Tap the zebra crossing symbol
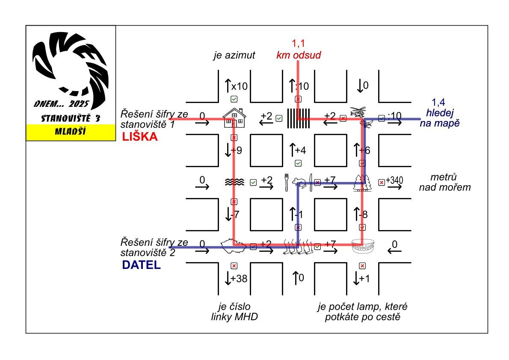[298, 118]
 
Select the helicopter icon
[358, 112]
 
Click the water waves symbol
[234, 183]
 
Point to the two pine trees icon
[362, 183]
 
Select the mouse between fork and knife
[299, 183]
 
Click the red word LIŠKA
[140, 137]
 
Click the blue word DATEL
[141, 265]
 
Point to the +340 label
[395, 180]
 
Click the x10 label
[240, 86]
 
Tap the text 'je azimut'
[234, 55]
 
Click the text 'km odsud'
[298, 55]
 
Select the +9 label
[237, 150]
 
